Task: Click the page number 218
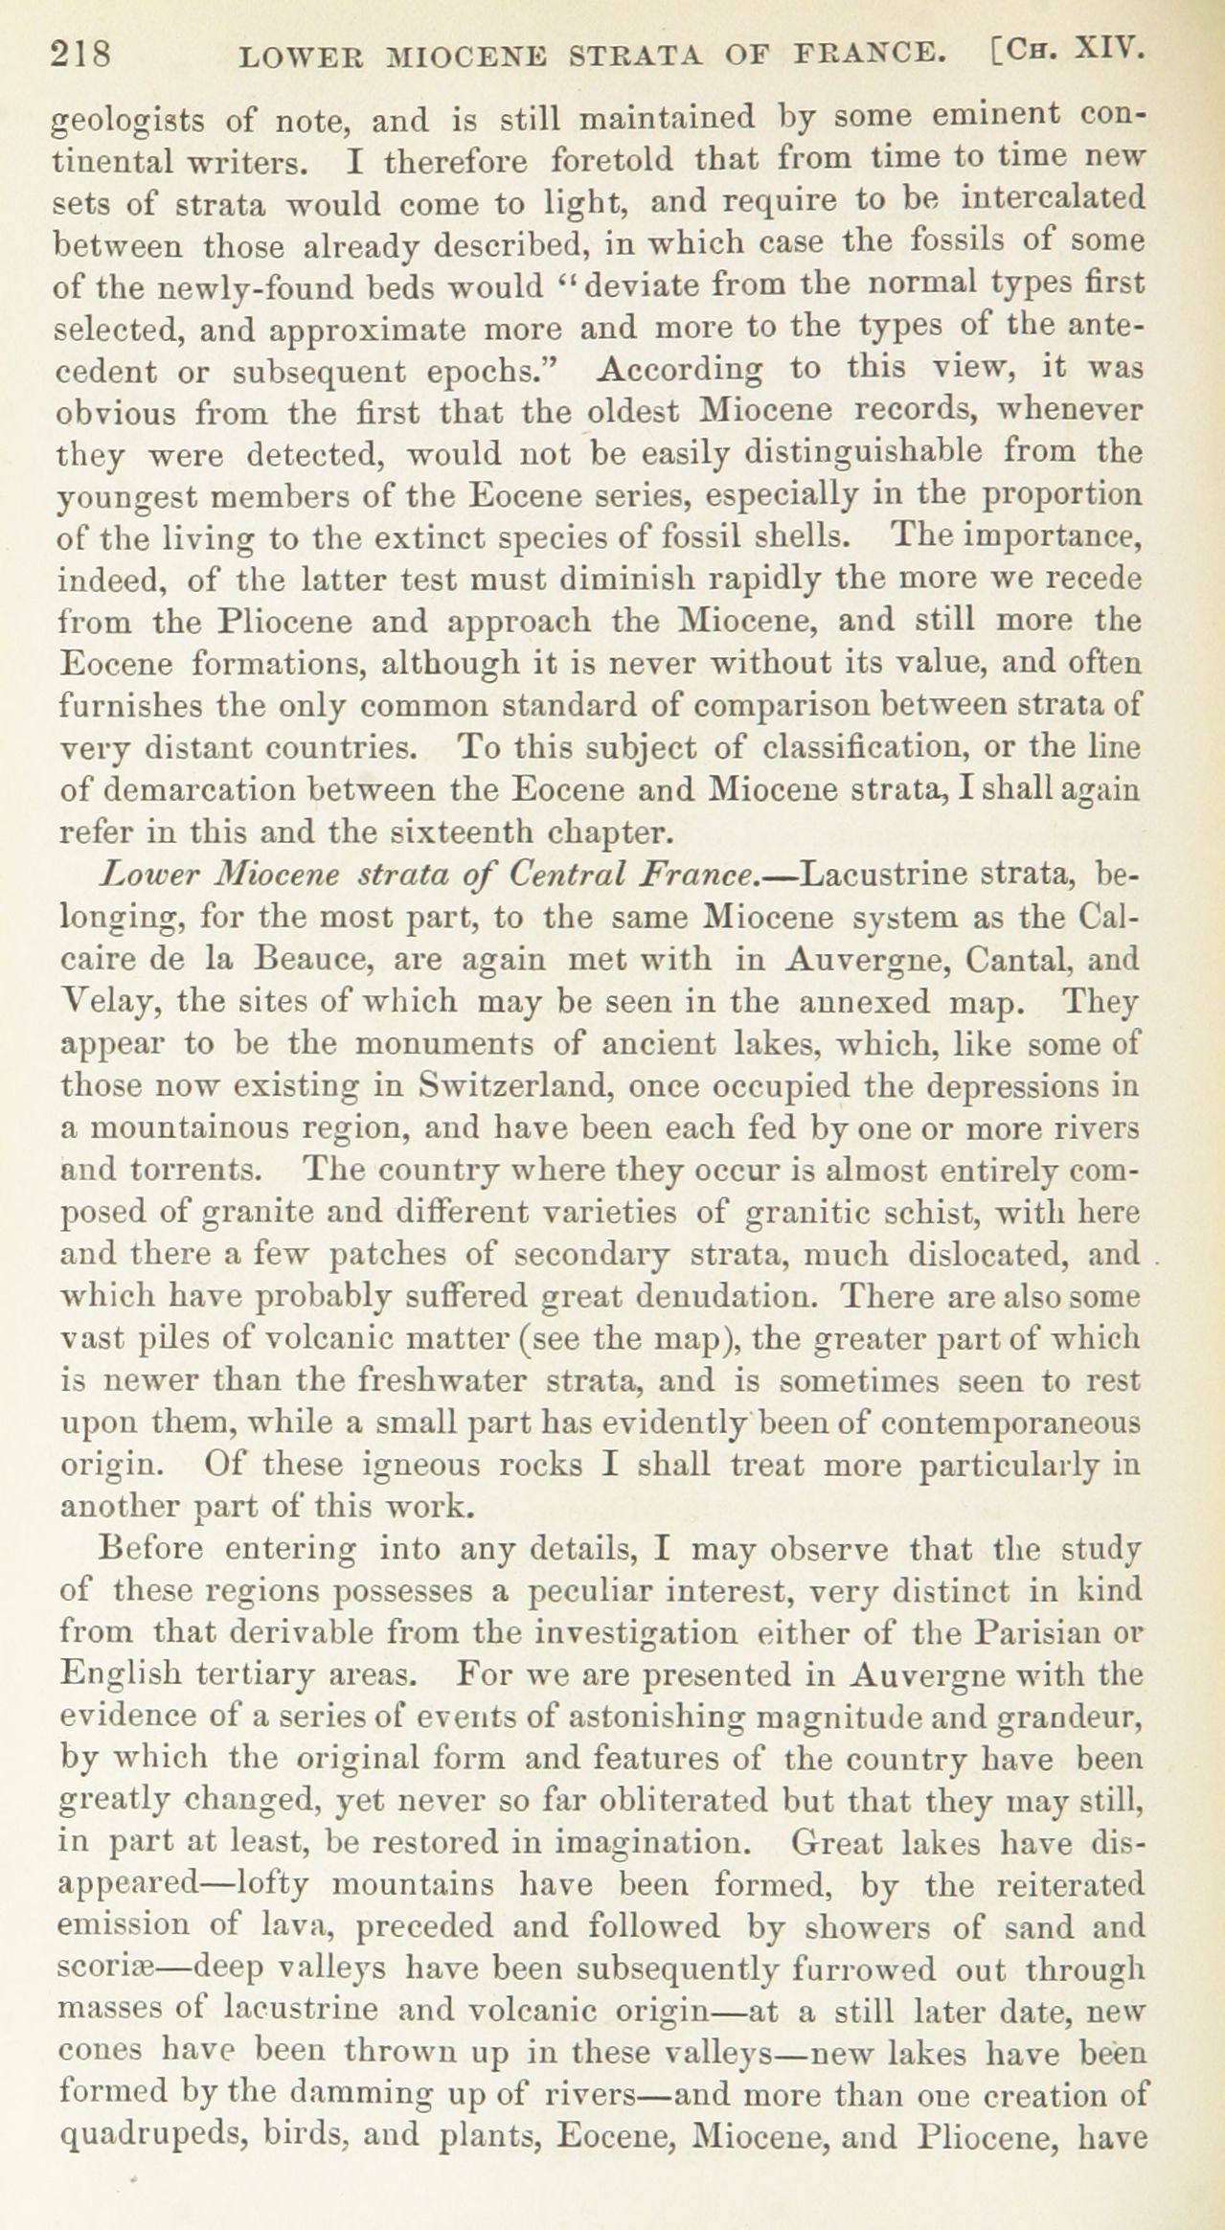tap(83, 56)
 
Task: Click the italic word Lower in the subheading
tap(151, 875)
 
